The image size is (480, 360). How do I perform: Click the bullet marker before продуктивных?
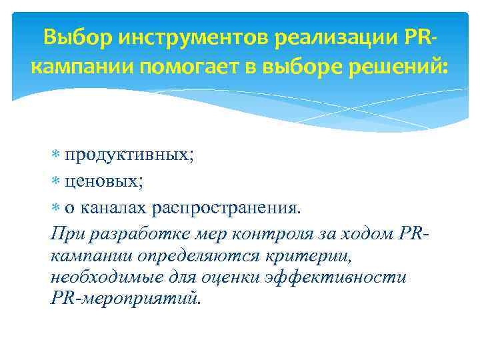click(55, 155)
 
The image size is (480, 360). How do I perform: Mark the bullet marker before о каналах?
click(55, 207)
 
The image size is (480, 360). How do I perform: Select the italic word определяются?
click(187, 255)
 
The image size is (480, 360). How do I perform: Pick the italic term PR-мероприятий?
click(124, 298)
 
